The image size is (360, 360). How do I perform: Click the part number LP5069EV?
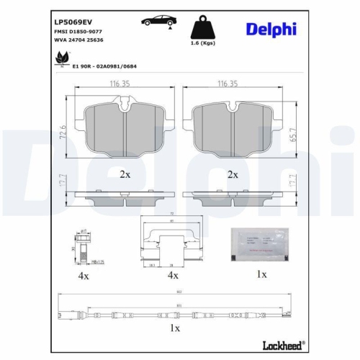tap(73, 19)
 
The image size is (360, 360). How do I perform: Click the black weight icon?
tap(202, 29)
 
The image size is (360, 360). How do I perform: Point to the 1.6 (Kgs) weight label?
tap(202, 53)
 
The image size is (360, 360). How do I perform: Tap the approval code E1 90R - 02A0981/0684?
tap(104, 66)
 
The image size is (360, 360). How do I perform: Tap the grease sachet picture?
tap(257, 246)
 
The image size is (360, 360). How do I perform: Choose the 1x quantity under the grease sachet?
tap(261, 275)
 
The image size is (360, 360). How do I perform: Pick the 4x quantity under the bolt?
tap(84, 276)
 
